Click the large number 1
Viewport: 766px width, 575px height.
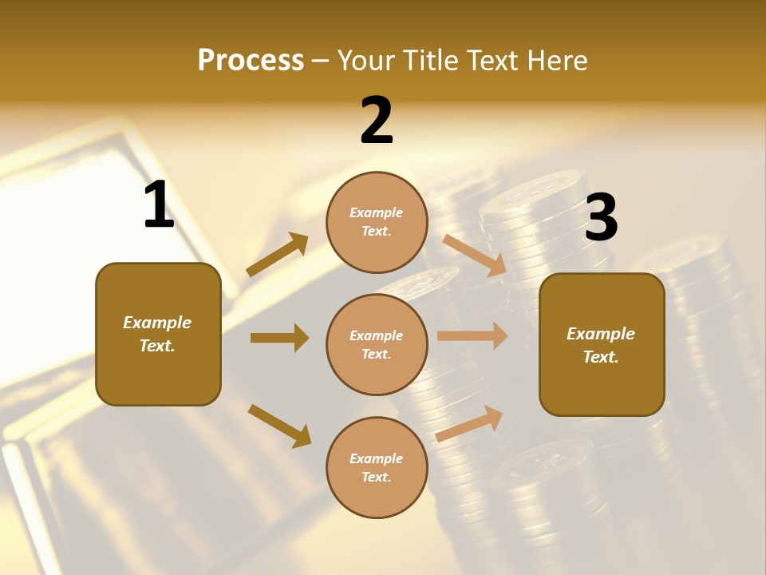tap(159, 205)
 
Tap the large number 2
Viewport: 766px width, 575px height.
tap(377, 121)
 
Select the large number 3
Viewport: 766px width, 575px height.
tap(601, 218)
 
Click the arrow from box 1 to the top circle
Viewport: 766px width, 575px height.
tap(278, 255)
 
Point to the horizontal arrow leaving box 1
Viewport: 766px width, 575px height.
tap(279, 338)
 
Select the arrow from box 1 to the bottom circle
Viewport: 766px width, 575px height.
tap(279, 425)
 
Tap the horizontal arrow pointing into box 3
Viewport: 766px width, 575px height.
tap(472, 336)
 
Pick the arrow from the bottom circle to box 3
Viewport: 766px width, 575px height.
tap(470, 423)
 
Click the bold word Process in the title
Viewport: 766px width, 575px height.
tap(251, 60)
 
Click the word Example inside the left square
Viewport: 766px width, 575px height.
tap(157, 323)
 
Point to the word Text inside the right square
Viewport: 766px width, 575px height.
tap(601, 357)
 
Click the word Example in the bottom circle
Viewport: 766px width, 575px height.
tap(377, 458)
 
